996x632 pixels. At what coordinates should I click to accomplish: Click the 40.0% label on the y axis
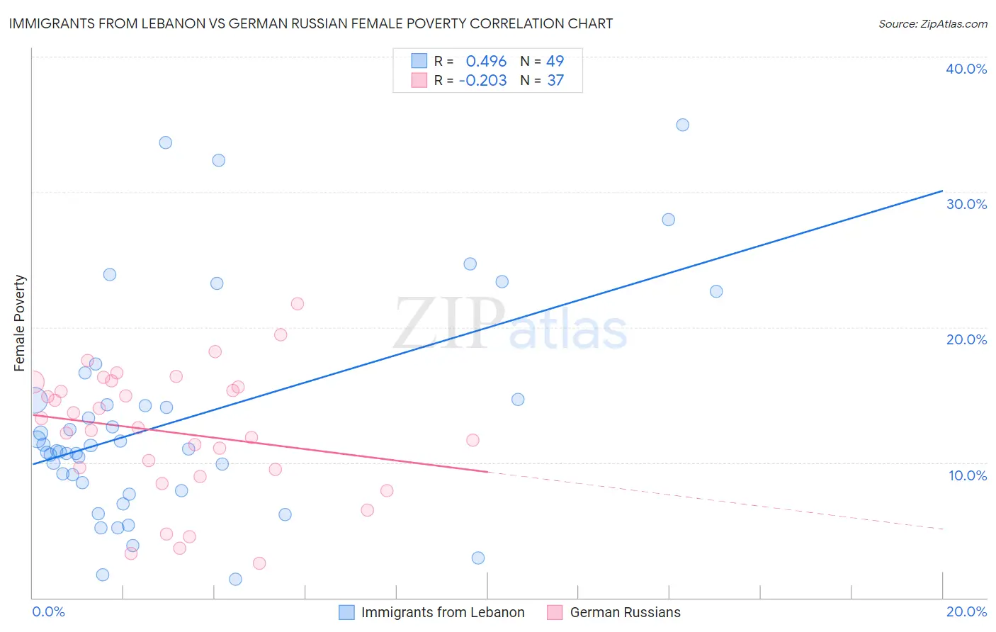click(966, 69)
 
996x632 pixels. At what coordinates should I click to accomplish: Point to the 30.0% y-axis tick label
click(966, 204)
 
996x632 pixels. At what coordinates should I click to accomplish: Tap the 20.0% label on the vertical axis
click(966, 339)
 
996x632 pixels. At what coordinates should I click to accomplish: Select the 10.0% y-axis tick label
click(968, 475)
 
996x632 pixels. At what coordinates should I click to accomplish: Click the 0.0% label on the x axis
click(48, 611)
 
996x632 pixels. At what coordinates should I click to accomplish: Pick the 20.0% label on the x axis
click(966, 611)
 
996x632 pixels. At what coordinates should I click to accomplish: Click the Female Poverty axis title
click(20, 323)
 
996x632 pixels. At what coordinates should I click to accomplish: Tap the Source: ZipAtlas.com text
click(932, 23)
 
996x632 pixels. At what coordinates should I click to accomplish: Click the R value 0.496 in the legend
click(486, 61)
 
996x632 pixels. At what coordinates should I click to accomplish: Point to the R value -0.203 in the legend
click(482, 81)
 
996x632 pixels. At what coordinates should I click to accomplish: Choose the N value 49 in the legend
click(555, 61)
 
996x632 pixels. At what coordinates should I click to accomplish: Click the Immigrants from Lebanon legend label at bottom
click(443, 612)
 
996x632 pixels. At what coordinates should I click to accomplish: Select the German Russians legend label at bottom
click(625, 612)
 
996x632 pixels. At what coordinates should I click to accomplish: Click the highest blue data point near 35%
click(682, 125)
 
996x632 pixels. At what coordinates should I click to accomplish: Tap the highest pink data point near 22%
click(297, 303)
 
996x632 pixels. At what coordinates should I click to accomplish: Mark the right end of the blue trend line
click(942, 191)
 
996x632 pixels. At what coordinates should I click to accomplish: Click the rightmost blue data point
click(716, 291)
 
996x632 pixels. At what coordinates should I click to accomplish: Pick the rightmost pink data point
click(472, 440)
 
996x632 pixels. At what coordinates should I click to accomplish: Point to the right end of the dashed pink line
click(942, 529)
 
